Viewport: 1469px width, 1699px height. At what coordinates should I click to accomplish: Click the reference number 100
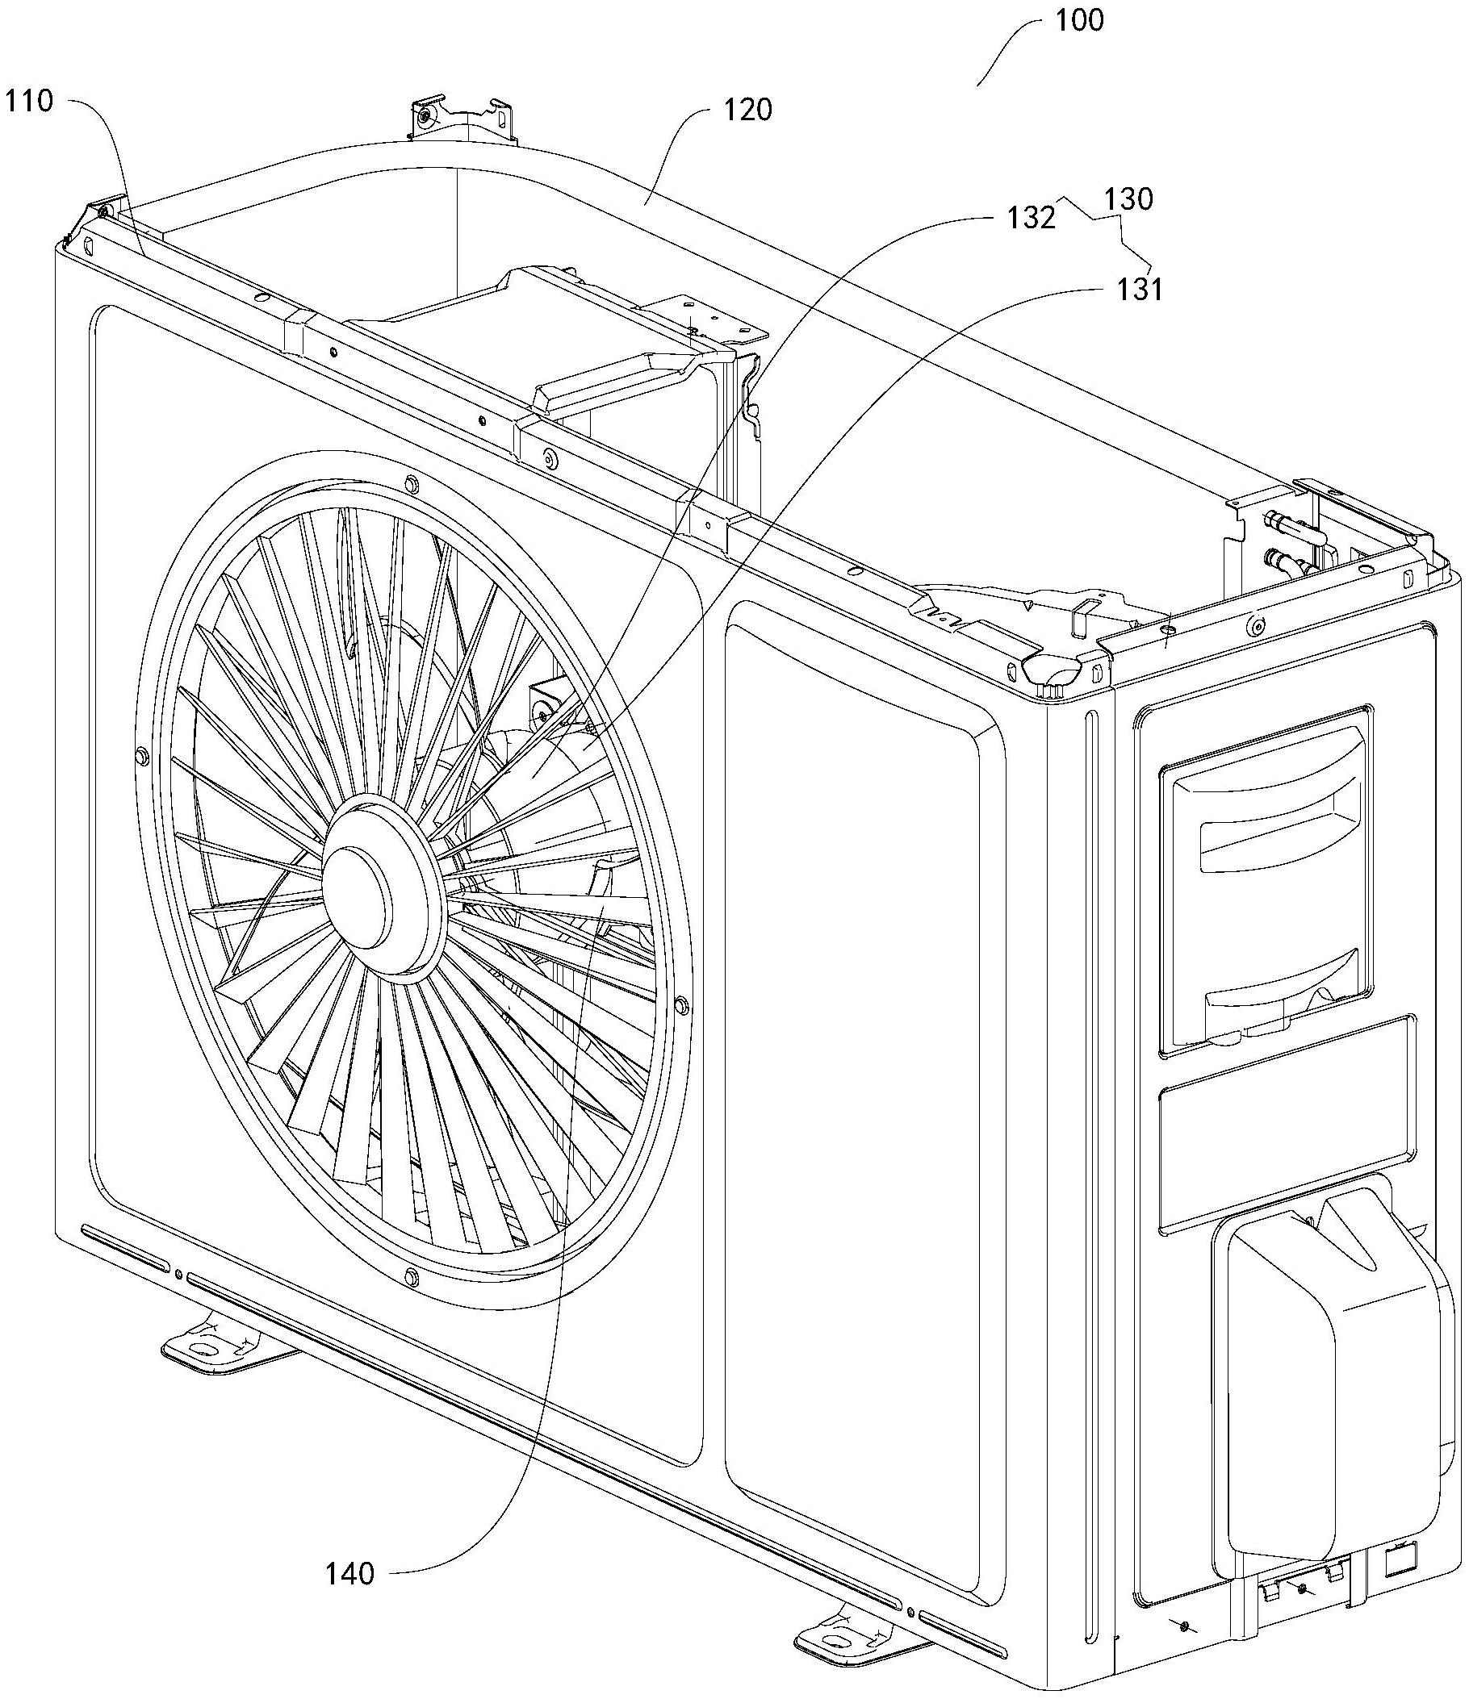(1078, 20)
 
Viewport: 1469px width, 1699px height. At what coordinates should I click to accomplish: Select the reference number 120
(747, 109)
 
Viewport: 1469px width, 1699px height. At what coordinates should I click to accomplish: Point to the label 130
(1128, 198)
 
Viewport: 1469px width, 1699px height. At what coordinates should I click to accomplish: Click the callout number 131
(1139, 290)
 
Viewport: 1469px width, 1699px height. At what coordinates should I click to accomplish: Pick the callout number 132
(1032, 218)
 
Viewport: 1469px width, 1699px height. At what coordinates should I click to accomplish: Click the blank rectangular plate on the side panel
(1286, 1121)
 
